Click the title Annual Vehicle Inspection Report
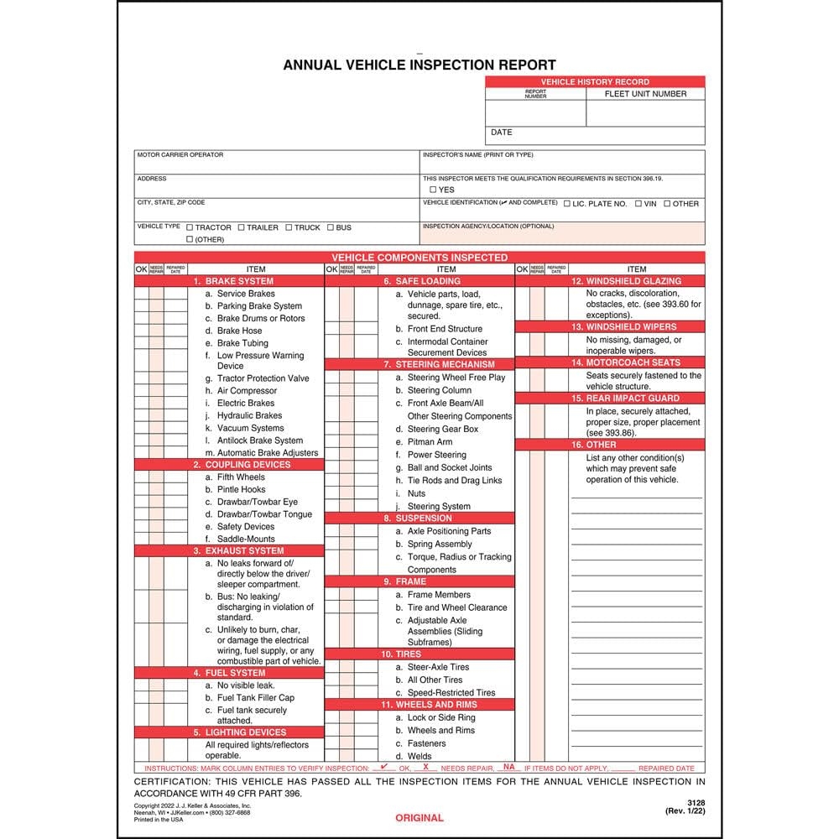click(419, 65)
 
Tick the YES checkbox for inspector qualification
click(433, 190)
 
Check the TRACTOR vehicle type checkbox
click(190, 227)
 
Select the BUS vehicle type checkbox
click(331, 227)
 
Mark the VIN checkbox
click(638, 204)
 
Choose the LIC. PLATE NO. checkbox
click(568, 204)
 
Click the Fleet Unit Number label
click(645, 94)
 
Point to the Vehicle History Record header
click(595, 81)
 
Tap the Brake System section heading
click(239, 281)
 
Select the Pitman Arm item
click(430, 442)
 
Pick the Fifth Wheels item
click(241, 477)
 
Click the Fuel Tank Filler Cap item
click(255, 698)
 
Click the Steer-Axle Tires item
click(438, 667)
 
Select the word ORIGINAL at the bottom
click(419, 818)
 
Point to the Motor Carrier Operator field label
click(180, 155)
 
